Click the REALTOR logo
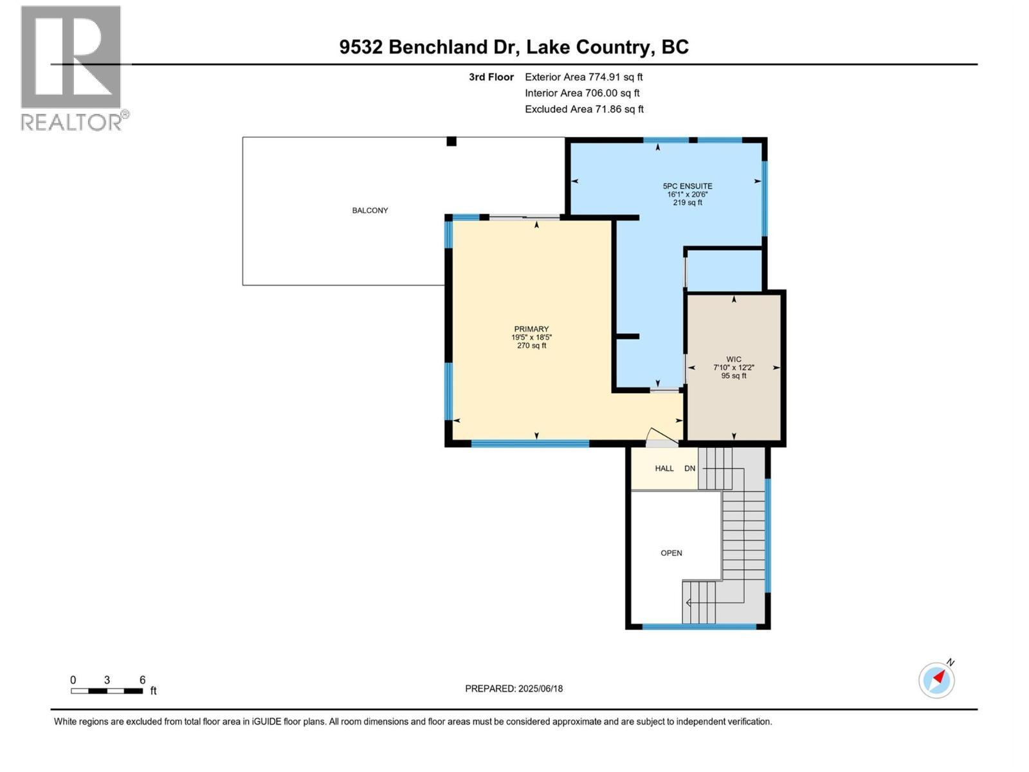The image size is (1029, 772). (x=71, y=68)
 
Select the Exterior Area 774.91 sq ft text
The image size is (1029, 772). (x=583, y=77)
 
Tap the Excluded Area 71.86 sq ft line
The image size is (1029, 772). (x=583, y=109)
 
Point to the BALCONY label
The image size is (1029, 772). (x=370, y=210)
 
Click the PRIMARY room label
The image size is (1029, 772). (x=531, y=329)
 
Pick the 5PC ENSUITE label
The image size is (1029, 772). (x=688, y=186)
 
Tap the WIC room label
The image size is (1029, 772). (x=734, y=360)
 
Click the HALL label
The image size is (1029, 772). (x=664, y=468)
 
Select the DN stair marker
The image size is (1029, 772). (x=690, y=468)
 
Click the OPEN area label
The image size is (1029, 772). (x=671, y=553)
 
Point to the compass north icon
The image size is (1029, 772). (x=937, y=679)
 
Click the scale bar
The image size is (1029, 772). (x=107, y=691)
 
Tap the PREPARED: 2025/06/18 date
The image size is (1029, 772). (x=514, y=688)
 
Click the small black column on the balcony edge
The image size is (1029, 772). (x=451, y=142)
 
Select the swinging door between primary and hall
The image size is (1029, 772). (x=661, y=437)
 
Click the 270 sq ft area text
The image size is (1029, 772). (x=531, y=345)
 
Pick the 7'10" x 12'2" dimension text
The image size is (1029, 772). (x=734, y=367)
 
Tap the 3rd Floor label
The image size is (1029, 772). (x=491, y=77)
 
